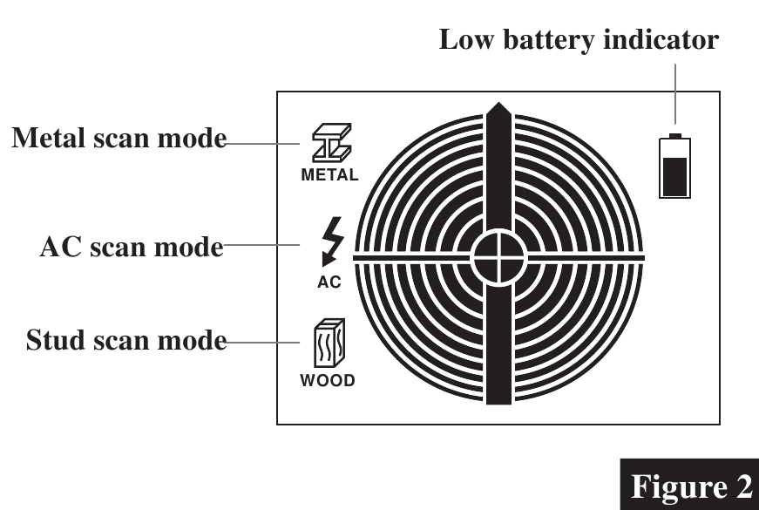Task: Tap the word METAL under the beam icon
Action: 329,174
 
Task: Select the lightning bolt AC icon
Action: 329,241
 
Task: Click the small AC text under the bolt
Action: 329,282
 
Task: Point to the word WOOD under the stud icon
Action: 328,381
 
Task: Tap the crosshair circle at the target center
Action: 498,257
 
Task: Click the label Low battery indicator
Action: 579,39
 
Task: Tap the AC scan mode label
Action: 132,247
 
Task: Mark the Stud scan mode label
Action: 125,339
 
